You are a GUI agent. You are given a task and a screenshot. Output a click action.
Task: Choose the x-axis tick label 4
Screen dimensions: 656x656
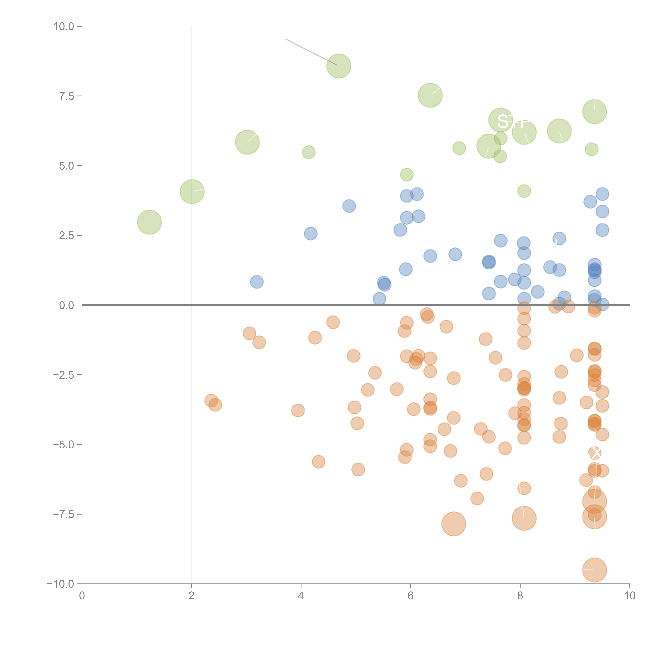click(301, 596)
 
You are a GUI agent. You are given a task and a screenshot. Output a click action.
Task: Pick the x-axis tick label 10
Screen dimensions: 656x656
click(629, 596)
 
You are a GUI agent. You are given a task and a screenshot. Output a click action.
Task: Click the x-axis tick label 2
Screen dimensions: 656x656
click(192, 596)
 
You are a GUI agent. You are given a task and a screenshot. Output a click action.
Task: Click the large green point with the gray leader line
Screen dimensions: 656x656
click(338, 66)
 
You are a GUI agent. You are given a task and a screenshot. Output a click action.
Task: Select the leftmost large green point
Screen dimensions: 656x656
click(149, 222)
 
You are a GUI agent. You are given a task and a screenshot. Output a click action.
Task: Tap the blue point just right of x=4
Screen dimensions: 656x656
click(310, 234)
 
